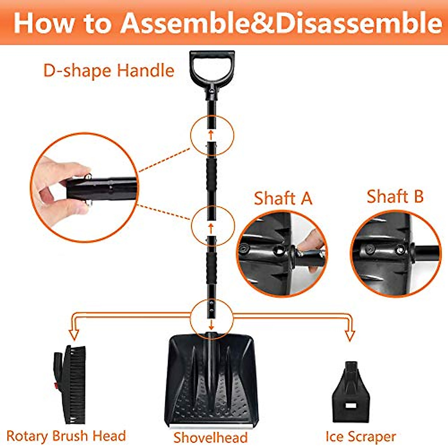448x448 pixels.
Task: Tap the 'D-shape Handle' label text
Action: tap(109, 71)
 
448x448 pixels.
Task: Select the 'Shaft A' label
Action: tap(283, 198)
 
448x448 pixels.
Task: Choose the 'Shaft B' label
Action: tap(395, 197)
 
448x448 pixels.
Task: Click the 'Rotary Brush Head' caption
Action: tap(66, 436)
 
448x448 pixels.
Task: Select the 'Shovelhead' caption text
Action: tap(210, 437)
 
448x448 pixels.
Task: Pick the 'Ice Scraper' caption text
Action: tap(361, 436)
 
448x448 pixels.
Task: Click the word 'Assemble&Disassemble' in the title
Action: tap(281, 23)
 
